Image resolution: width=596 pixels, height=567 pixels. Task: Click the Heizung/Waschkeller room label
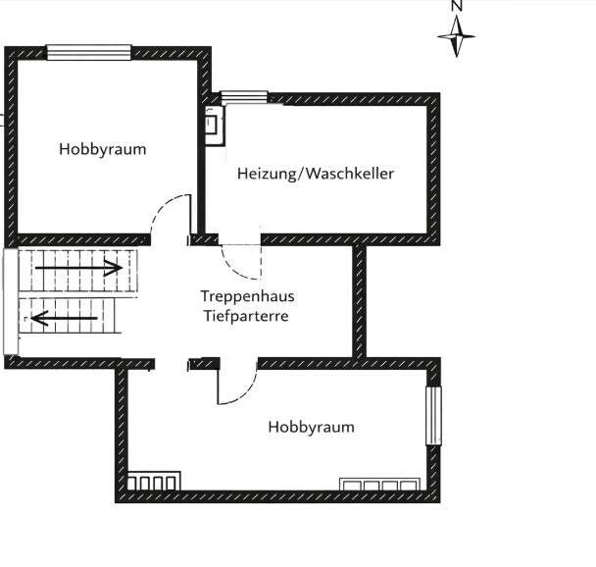(x=315, y=174)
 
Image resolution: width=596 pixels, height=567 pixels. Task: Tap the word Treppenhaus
(x=247, y=296)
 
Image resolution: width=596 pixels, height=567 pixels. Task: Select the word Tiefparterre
(x=246, y=316)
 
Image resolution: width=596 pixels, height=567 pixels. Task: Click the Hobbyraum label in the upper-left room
(x=103, y=149)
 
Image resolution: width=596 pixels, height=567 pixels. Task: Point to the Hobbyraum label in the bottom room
(x=312, y=427)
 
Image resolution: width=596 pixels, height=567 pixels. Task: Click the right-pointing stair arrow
(x=78, y=268)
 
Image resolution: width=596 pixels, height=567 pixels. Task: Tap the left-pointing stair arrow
(x=64, y=318)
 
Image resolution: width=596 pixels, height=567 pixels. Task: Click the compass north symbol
(x=457, y=37)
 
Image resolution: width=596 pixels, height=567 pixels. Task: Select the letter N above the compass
(x=457, y=5)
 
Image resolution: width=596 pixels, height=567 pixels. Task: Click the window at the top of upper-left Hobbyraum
(x=89, y=52)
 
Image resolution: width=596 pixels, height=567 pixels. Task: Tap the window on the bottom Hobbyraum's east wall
(x=433, y=416)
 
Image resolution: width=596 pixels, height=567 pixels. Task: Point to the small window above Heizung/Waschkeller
(x=245, y=98)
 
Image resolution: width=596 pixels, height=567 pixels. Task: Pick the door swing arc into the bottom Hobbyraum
(x=241, y=391)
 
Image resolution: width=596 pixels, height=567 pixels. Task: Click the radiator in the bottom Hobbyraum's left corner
(x=154, y=481)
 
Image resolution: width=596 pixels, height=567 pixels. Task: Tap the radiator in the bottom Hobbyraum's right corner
(x=380, y=485)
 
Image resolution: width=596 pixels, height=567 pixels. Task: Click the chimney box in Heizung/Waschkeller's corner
(x=215, y=126)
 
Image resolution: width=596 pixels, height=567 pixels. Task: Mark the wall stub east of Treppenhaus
(x=359, y=301)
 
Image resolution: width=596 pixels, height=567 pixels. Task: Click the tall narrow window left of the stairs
(x=11, y=301)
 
